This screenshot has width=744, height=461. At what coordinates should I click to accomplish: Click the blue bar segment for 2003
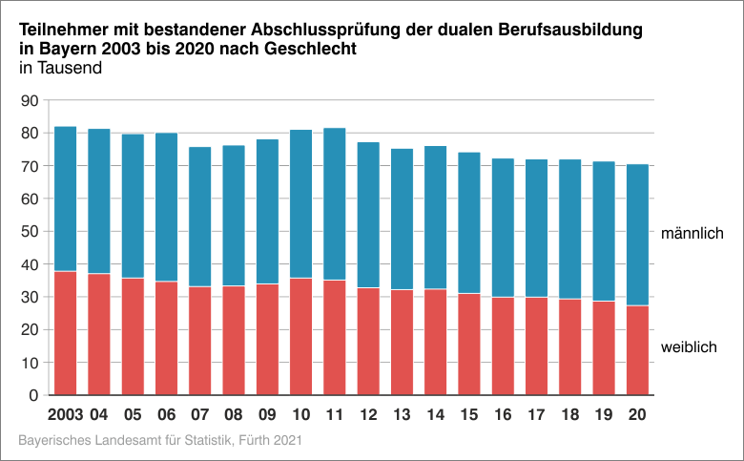pyautogui.click(x=65, y=199)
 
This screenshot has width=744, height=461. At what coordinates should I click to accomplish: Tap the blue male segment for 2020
pyautogui.click(x=637, y=235)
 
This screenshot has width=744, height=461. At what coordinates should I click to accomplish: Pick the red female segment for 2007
pyautogui.click(x=199, y=341)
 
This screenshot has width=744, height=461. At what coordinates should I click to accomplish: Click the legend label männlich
pyautogui.click(x=692, y=234)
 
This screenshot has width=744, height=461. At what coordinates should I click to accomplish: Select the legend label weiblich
pyautogui.click(x=688, y=347)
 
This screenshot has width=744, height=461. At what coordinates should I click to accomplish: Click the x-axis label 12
pyautogui.click(x=367, y=416)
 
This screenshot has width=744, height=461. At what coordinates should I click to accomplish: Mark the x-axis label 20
pyautogui.click(x=637, y=416)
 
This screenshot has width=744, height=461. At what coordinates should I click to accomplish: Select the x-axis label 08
pyautogui.click(x=233, y=416)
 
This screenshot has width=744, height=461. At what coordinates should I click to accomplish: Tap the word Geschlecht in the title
pyautogui.click(x=315, y=49)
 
